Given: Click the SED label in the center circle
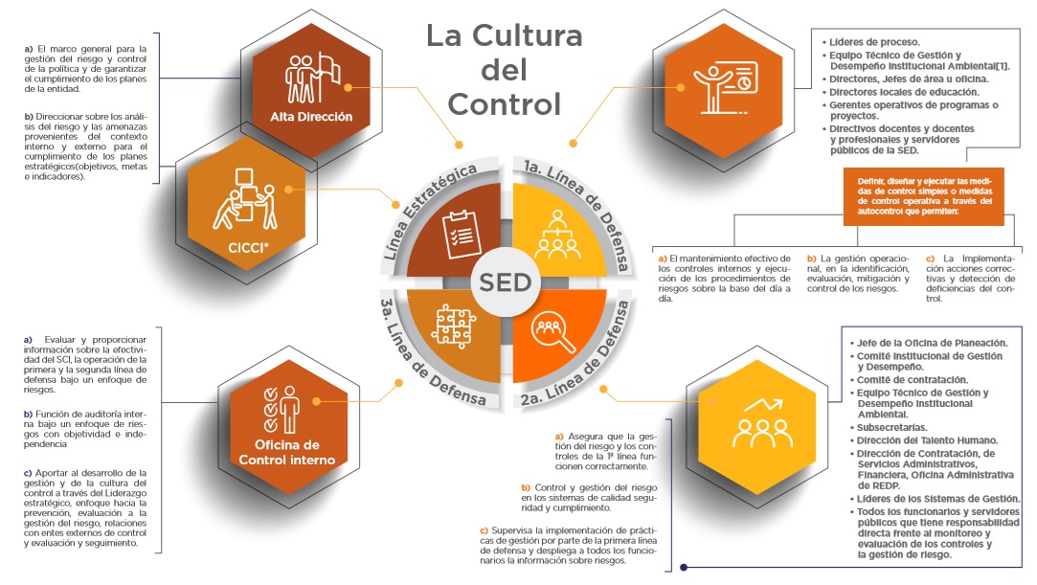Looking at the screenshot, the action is click(x=506, y=282).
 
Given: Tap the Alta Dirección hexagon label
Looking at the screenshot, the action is click(x=311, y=117).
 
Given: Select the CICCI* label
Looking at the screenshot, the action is click(x=249, y=248).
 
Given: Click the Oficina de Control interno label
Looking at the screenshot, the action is click(x=287, y=453).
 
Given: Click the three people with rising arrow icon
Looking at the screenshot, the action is click(x=762, y=422).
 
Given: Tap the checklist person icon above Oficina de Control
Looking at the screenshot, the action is click(x=282, y=410).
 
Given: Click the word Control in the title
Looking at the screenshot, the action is click(x=505, y=104).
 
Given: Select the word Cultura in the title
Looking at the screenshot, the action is click(x=527, y=35).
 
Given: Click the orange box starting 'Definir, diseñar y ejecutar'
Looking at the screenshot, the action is click(x=924, y=196).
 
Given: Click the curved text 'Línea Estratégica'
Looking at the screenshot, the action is click(x=430, y=211).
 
